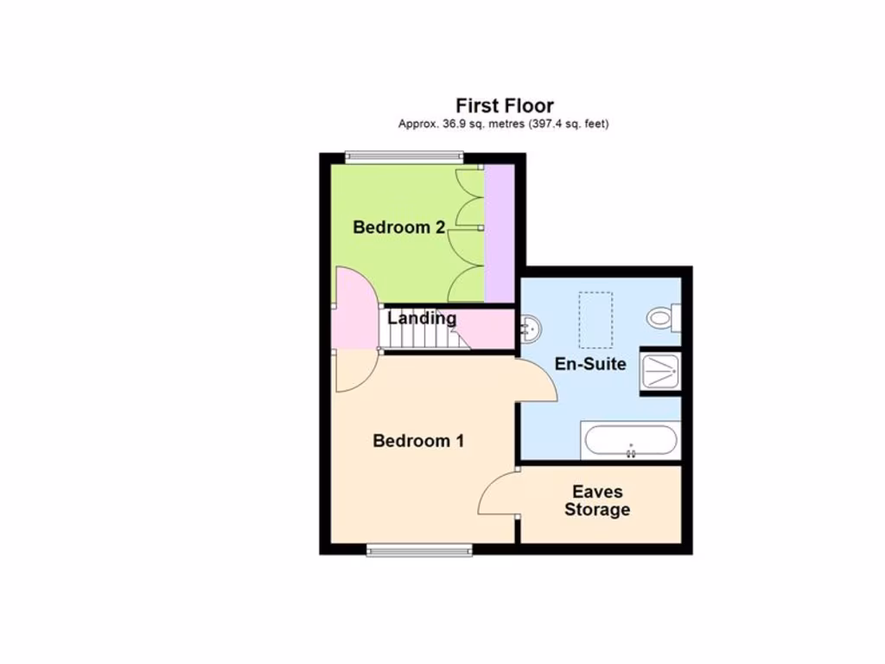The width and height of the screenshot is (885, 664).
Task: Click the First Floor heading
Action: (x=505, y=106)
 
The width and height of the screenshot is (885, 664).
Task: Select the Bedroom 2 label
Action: (x=398, y=227)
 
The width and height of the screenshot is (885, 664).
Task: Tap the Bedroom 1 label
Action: (x=418, y=441)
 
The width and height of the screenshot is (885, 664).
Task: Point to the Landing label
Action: (x=422, y=318)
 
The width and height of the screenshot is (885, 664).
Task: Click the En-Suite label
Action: (x=590, y=364)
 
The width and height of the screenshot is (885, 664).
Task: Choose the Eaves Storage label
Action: (x=597, y=501)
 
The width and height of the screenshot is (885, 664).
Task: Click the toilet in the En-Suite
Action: (x=663, y=319)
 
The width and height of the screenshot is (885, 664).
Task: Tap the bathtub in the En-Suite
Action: (x=631, y=441)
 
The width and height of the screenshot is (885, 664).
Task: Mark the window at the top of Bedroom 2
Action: (x=404, y=157)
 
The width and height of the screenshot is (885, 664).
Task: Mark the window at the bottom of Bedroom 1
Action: (x=419, y=549)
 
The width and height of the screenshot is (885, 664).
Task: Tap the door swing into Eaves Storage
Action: (x=499, y=495)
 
